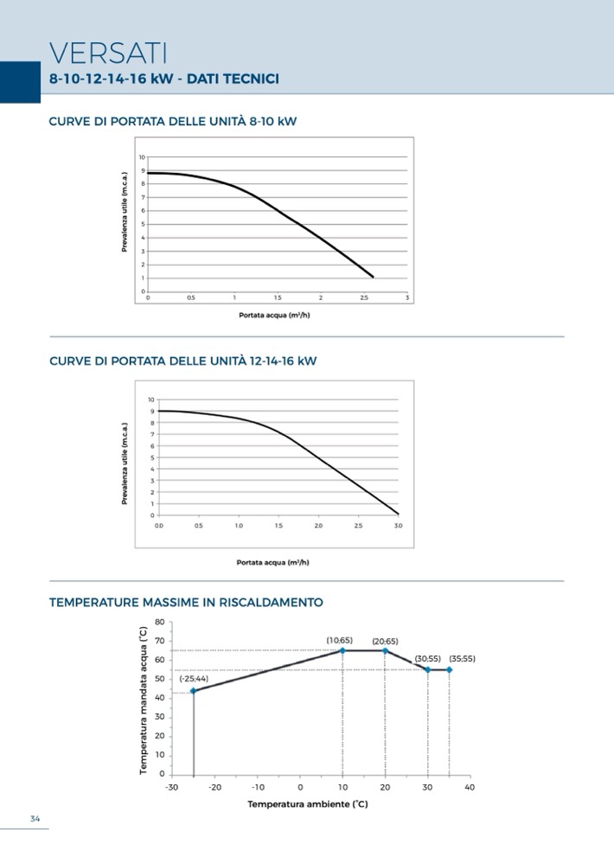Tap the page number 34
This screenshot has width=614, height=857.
(35, 820)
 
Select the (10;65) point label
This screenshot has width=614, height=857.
(339, 641)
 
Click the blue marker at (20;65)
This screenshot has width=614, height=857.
(385, 650)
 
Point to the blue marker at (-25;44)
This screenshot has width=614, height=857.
(194, 690)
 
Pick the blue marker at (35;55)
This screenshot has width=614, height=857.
(449, 669)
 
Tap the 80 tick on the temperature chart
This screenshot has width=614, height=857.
(159, 623)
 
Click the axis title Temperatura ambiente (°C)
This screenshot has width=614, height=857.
(308, 804)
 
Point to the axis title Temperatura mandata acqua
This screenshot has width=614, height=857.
(144, 701)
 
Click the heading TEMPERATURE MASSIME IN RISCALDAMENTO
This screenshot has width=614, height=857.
(187, 602)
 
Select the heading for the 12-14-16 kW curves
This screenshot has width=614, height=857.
(183, 361)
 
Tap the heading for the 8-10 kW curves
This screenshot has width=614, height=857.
(173, 121)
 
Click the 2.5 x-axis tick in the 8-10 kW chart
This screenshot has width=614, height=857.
(364, 297)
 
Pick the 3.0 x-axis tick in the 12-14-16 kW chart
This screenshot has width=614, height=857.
(399, 525)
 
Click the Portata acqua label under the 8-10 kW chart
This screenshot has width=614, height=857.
(274, 315)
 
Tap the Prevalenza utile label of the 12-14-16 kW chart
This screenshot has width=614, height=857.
(125, 464)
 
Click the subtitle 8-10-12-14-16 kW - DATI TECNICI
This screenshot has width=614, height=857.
(164, 80)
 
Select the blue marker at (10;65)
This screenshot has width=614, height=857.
(342, 650)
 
